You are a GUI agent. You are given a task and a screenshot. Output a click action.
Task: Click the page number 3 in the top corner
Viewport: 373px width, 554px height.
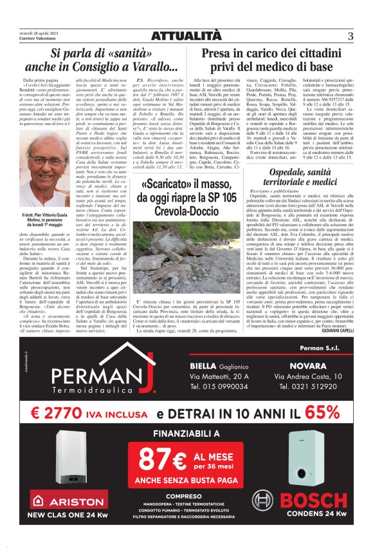(350, 37)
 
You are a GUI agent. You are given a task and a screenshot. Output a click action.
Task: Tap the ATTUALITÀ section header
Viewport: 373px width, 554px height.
(186, 37)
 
